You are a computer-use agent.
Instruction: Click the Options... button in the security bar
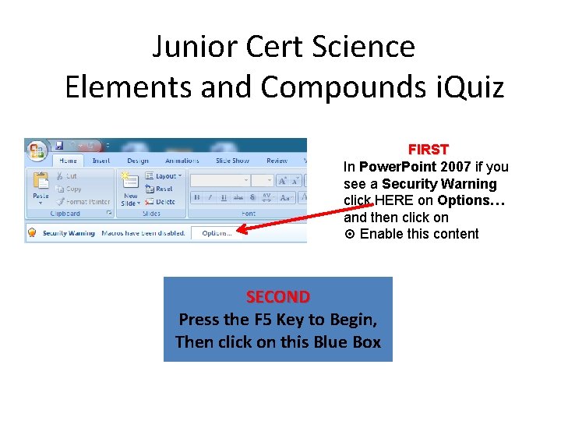(x=216, y=232)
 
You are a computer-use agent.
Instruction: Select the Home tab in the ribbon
(x=68, y=161)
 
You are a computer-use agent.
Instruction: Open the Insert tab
(x=101, y=161)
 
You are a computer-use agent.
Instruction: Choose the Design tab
(x=138, y=161)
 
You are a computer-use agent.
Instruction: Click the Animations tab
(x=182, y=161)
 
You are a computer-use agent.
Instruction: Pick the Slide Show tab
(x=232, y=161)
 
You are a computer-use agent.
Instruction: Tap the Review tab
(x=277, y=161)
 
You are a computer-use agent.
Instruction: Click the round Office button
(x=37, y=148)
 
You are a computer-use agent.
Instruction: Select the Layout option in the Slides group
(x=164, y=176)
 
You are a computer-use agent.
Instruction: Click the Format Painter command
(x=84, y=201)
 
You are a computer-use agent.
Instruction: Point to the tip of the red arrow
(x=238, y=229)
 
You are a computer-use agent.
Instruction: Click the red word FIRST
(x=429, y=149)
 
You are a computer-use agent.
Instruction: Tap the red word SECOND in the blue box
(x=277, y=297)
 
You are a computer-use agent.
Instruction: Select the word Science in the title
(x=365, y=47)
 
